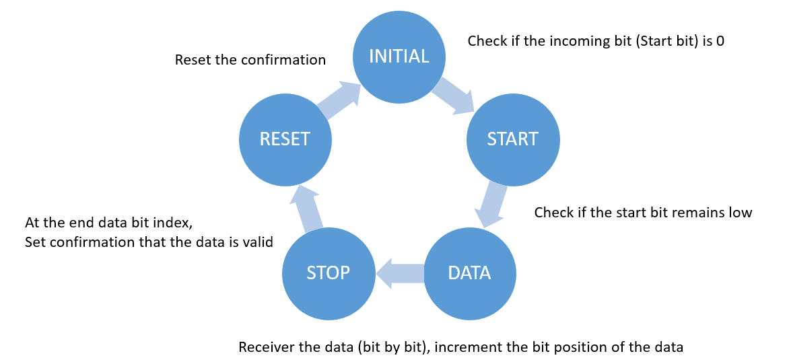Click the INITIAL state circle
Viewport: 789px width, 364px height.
399,57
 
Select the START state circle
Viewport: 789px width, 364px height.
513,139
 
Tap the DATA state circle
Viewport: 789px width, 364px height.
469,273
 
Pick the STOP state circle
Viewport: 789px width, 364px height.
328,273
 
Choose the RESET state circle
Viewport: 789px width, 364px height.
285,139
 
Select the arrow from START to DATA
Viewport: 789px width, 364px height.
493,204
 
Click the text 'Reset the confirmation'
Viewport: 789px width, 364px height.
250,60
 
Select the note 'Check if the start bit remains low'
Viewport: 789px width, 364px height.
642,213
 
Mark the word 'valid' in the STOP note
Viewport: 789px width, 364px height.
259,242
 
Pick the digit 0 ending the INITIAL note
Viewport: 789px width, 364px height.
720,41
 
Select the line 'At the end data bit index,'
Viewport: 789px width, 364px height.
113,222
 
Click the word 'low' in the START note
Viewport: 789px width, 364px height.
740,213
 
